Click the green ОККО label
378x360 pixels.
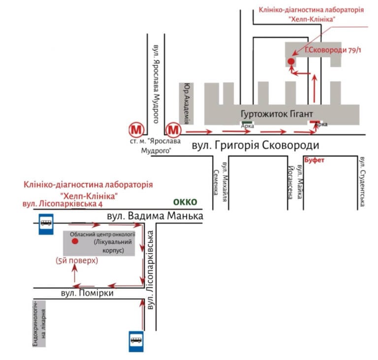185,202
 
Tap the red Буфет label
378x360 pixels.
314,160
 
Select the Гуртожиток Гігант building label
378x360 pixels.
277,114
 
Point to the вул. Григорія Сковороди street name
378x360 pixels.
255,145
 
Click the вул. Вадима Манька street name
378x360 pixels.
155,216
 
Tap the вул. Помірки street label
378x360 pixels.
87,293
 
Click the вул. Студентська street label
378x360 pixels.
362,182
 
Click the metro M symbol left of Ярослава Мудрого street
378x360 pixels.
136,130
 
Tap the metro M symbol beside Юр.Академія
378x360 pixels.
173,130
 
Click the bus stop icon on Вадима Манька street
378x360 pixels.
46,224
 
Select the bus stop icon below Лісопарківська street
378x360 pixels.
136,341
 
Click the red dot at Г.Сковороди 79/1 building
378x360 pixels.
291,61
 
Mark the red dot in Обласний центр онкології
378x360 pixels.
75,241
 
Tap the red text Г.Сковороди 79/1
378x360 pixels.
333,50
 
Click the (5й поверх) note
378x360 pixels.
77,261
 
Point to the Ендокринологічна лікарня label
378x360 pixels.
39,324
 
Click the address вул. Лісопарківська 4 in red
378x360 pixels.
63,204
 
